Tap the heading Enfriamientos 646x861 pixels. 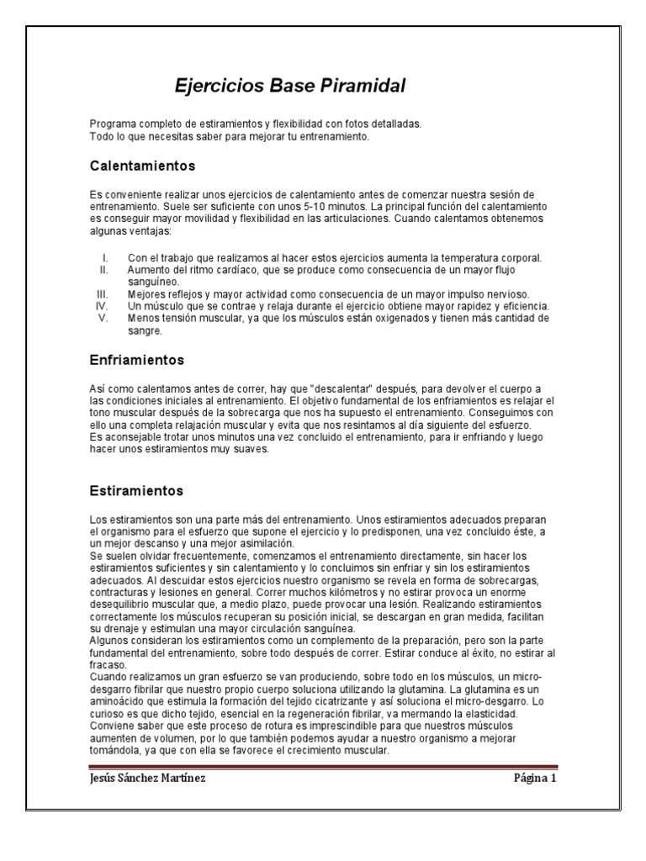point(137,360)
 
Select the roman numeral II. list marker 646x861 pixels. point(103,270)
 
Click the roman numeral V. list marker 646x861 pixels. point(103,319)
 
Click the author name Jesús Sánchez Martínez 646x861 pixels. point(147,778)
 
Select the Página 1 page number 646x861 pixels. point(535,778)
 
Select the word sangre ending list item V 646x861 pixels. point(144,330)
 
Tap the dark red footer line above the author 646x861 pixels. point(322,767)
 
